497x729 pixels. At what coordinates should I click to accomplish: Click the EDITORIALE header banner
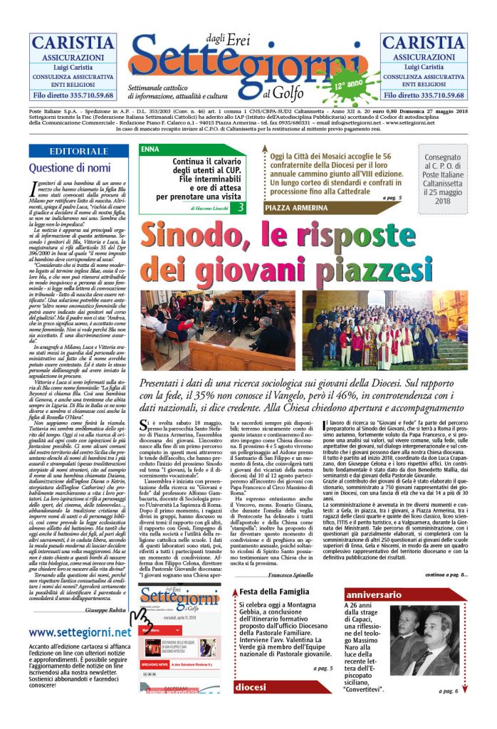(x=79, y=152)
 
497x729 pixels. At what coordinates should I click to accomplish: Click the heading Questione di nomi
(x=70, y=168)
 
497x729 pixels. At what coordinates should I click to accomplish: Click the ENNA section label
(x=151, y=150)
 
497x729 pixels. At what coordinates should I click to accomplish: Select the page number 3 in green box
(x=241, y=207)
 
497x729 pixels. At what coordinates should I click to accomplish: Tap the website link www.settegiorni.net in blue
(x=80, y=632)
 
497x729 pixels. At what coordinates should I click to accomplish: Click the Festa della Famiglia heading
(x=276, y=592)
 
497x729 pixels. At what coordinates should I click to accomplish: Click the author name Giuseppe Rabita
(x=105, y=611)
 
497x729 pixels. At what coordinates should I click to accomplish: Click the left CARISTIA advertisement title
(x=73, y=42)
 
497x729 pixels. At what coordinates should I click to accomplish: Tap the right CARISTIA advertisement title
(x=423, y=42)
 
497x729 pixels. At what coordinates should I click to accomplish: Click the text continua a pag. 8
(x=446, y=574)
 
